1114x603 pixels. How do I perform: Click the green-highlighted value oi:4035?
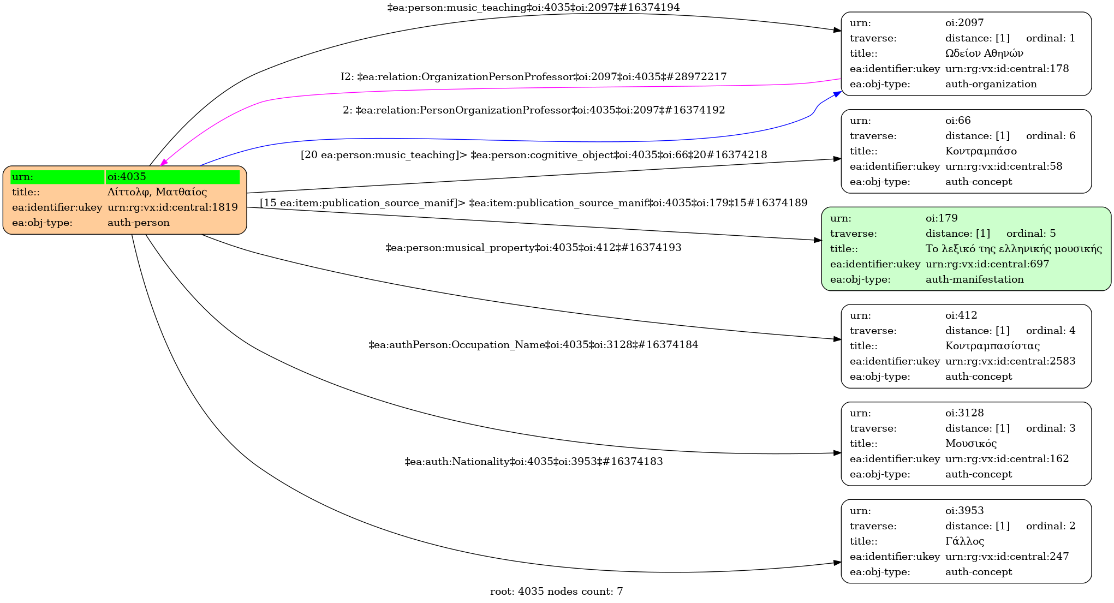(x=127, y=177)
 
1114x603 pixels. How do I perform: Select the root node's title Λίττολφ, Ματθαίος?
(x=157, y=192)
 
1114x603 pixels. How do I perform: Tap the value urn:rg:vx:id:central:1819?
(x=172, y=207)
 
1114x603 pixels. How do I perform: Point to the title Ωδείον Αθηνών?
(x=984, y=53)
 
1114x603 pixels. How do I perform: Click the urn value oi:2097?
(x=964, y=23)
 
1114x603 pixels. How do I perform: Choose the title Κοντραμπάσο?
(x=981, y=151)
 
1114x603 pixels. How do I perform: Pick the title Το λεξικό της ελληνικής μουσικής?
(x=1014, y=249)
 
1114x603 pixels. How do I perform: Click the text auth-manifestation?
(x=974, y=279)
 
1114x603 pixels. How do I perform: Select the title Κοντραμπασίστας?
(x=992, y=346)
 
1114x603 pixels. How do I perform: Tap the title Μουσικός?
(x=971, y=444)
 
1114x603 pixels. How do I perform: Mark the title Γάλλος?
(x=964, y=541)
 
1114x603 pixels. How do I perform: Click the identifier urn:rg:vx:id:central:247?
(x=1007, y=557)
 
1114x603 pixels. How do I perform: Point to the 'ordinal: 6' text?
(x=1051, y=136)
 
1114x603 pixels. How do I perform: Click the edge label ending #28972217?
(x=533, y=77)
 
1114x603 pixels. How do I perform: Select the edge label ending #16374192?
(x=533, y=110)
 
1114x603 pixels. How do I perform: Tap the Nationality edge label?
(x=533, y=462)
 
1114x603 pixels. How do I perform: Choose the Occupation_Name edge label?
(x=533, y=345)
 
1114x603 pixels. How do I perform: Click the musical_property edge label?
(x=533, y=248)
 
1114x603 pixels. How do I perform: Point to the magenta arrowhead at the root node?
(x=164, y=162)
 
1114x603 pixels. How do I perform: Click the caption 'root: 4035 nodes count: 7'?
(x=556, y=592)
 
